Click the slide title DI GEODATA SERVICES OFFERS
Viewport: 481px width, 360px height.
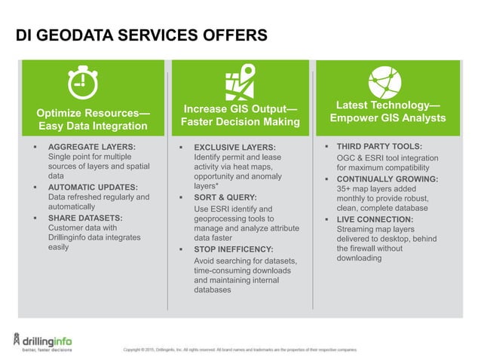(x=142, y=35)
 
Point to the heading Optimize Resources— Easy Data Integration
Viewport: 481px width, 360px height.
(x=93, y=119)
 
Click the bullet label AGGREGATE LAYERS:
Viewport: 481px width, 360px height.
(x=91, y=147)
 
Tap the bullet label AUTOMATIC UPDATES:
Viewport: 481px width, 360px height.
(x=92, y=187)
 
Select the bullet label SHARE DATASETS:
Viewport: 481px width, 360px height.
(x=85, y=218)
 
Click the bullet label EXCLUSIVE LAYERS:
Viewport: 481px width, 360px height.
(x=235, y=147)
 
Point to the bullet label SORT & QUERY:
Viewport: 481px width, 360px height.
(x=225, y=197)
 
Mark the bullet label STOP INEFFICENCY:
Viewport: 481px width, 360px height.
(x=233, y=249)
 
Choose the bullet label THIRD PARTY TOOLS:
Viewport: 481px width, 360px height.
(x=379, y=145)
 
